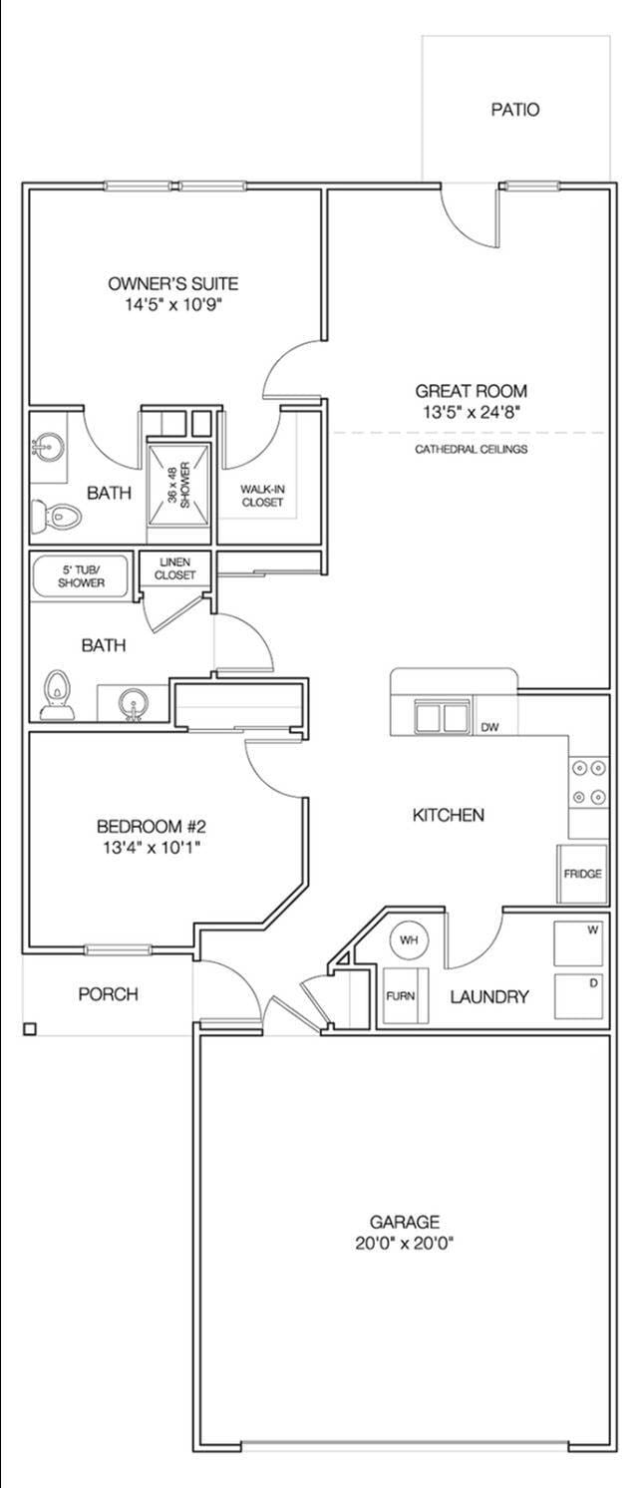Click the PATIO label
(x=514, y=110)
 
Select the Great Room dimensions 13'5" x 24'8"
(x=471, y=411)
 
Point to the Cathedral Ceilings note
(x=471, y=450)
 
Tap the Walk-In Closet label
(x=261, y=496)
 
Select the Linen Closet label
(x=174, y=569)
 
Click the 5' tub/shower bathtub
(x=81, y=576)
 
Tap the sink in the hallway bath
(x=133, y=704)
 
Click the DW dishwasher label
(x=489, y=727)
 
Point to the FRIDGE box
(x=582, y=874)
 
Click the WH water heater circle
(x=409, y=939)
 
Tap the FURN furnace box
(x=402, y=995)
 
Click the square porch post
(x=30, y=1028)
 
